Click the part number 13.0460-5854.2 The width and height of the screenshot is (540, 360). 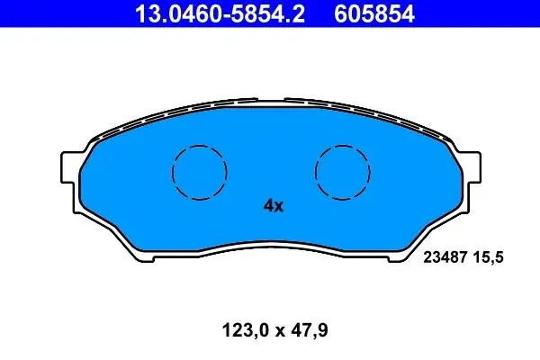click(x=220, y=13)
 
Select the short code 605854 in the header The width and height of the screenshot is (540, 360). click(x=374, y=13)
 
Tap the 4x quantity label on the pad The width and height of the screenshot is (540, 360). click(x=274, y=206)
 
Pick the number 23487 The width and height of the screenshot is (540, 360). click(x=445, y=257)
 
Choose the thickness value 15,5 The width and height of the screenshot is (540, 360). click(x=489, y=257)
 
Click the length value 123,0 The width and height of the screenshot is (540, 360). click(x=245, y=330)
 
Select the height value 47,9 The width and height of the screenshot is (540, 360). click(x=310, y=330)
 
